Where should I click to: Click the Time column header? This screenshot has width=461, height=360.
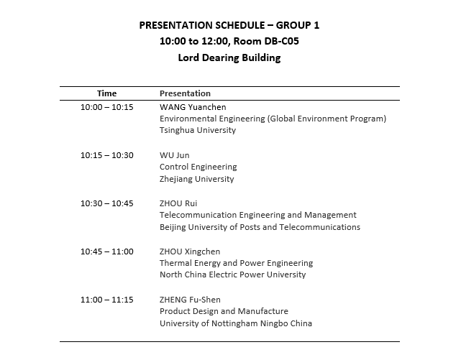pyautogui.click(x=106, y=93)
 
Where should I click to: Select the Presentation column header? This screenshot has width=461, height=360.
pyautogui.click(x=185, y=93)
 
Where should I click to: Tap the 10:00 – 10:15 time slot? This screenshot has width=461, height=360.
pyautogui.click(x=106, y=107)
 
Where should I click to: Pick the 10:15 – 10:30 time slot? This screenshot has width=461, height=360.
pyautogui.click(x=106, y=155)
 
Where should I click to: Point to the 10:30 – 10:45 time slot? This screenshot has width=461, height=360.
pyautogui.click(x=106, y=203)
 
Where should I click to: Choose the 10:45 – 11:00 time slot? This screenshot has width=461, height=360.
pyautogui.click(x=106, y=251)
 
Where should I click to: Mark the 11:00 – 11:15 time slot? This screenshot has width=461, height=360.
pyautogui.click(x=106, y=300)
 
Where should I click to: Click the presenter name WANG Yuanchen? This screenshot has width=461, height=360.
pyautogui.click(x=191, y=107)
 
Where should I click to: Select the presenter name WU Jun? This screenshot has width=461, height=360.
pyautogui.click(x=175, y=155)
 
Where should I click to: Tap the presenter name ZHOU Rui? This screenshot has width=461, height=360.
pyautogui.click(x=178, y=203)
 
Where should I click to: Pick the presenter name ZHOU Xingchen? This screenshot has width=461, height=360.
pyautogui.click(x=190, y=251)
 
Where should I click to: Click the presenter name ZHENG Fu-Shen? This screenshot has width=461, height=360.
pyautogui.click(x=190, y=300)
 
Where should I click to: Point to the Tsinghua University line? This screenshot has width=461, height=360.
pyautogui.click(x=198, y=131)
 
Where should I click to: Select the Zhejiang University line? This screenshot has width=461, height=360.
pyautogui.click(x=196, y=179)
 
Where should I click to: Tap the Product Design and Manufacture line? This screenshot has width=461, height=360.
pyautogui.click(x=224, y=311)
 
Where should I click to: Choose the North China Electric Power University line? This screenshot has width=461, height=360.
pyautogui.click(x=232, y=274)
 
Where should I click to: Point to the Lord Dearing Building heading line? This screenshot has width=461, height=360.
pyautogui.click(x=229, y=57)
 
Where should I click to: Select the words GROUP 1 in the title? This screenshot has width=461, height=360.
pyautogui.click(x=296, y=25)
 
